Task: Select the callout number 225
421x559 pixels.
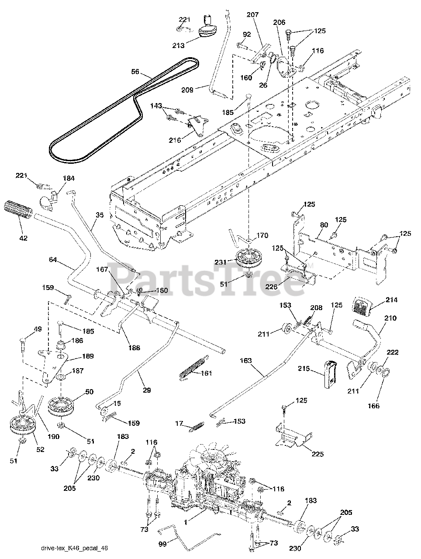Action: (x=317, y=454)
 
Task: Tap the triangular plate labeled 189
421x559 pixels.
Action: (x=52, y=365)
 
